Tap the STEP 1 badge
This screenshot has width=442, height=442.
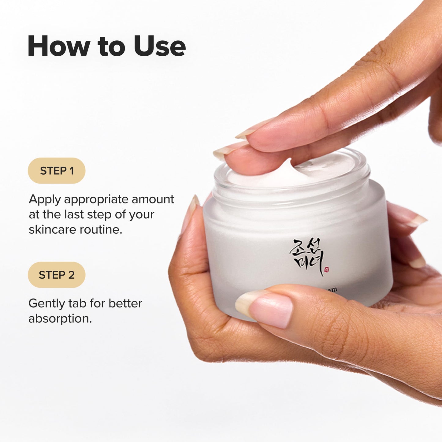point(57,171)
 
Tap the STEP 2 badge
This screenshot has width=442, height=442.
point(57,275)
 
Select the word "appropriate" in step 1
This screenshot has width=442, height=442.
point(96,200)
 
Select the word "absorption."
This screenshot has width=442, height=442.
point(60,319)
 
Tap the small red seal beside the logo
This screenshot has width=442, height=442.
point(327,269)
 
